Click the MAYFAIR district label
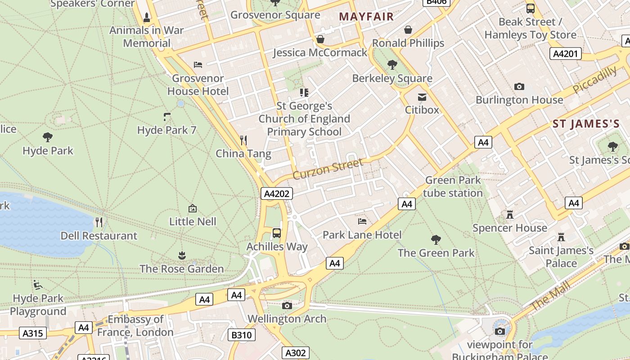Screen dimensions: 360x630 [366, 17]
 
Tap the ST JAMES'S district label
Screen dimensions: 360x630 [586, 124]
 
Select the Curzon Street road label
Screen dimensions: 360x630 [328, 169]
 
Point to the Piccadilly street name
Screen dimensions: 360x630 [595, 80]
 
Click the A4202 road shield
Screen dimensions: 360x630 [277, 194]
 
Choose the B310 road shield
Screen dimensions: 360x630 [242, 335]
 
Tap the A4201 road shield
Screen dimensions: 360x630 [566, 54]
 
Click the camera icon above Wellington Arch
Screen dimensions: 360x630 [287, 306]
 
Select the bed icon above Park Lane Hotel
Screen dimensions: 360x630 [362, 221]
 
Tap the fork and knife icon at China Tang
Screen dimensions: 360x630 [243, 140]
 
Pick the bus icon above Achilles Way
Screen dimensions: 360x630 [277, 233]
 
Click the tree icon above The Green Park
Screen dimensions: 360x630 [436, 239]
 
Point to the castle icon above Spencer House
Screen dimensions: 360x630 [510, 215]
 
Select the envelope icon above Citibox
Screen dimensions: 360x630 [422, 97]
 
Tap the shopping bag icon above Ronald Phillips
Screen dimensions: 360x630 [408, 30]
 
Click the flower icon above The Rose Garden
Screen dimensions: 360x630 [182, 256]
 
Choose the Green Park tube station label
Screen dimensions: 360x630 [453, 187]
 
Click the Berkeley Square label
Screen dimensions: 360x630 [392, 78]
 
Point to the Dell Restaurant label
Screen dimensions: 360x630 [99, 236]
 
